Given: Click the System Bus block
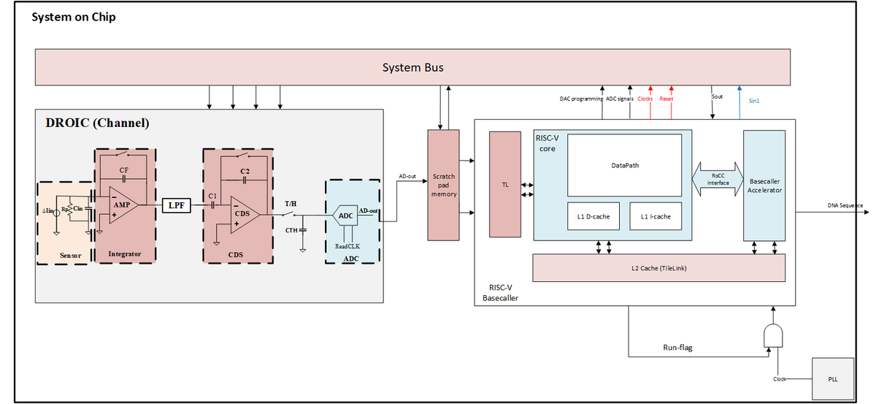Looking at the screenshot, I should coord(412,67).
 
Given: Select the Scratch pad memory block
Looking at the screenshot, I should coord(443,185).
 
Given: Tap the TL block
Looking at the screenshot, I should coord(504,185).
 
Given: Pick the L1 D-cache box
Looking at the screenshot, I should coord(593,216).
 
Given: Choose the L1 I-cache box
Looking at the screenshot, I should coord(656,216).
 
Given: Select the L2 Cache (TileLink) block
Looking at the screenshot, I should coord(658,268).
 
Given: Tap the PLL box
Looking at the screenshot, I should coord(833,379).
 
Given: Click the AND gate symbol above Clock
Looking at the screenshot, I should coord(773,335).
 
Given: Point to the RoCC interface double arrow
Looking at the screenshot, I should coord(718,179).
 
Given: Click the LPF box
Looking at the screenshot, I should coord(176,205).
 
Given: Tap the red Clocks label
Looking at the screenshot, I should coord(645,99).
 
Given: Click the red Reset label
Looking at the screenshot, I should coord(666,99).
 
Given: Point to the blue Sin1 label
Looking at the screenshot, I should coord(754,101).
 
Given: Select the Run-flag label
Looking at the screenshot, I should coord(677,348).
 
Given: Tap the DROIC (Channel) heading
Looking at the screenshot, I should coord(98,123).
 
